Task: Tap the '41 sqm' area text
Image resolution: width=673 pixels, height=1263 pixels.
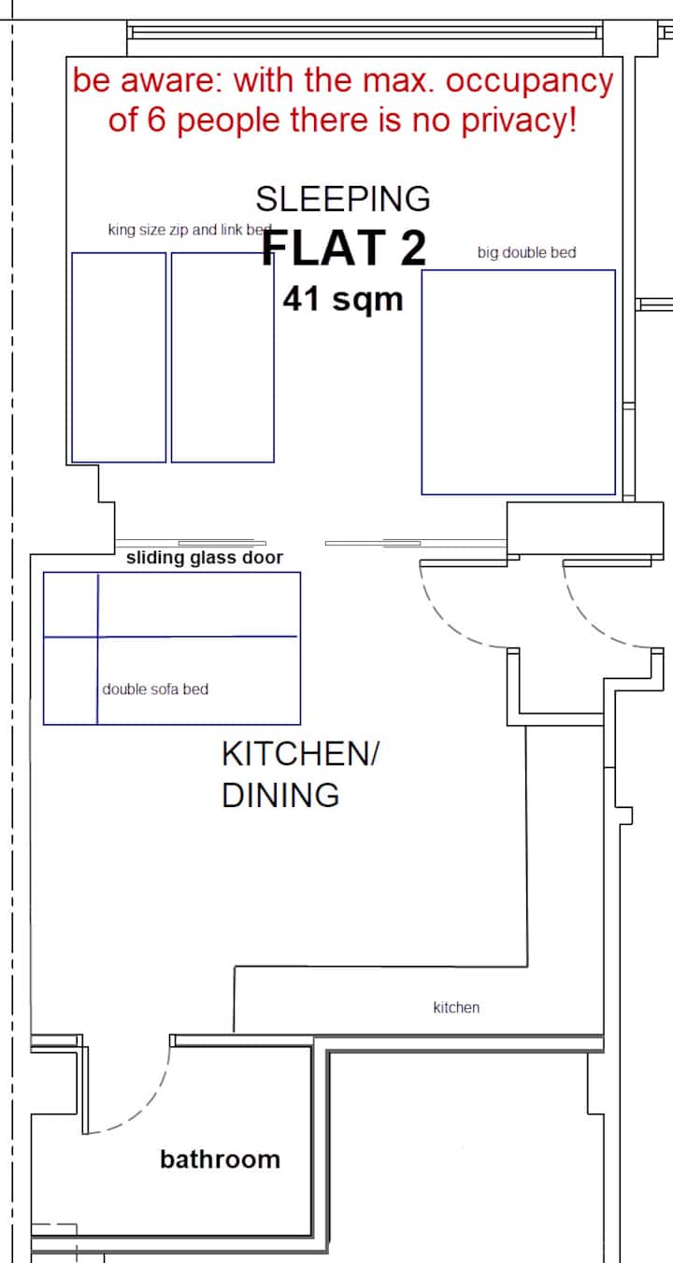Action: (x=343, y=299)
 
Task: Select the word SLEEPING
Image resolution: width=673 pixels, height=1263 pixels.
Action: (x=343, y=199)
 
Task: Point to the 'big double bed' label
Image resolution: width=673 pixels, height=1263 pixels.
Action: (x=527, y=252)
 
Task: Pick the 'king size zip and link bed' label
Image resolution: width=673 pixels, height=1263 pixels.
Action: (x=190, y=230)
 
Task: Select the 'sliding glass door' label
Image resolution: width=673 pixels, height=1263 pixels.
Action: (x=204, y=558)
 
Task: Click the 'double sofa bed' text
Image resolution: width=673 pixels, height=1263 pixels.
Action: (x=155, y=689)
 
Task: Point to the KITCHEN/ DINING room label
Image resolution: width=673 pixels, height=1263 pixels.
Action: (x=301, y=774)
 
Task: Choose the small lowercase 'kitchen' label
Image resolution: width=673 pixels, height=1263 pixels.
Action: (x=456, y=1008)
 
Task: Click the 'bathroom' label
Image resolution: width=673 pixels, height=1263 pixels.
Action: (x=220, y=1160)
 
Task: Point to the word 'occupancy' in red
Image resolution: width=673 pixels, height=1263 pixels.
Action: (x=529, y=82)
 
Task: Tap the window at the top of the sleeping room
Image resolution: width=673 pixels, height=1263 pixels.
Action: (x=365, y=34)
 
